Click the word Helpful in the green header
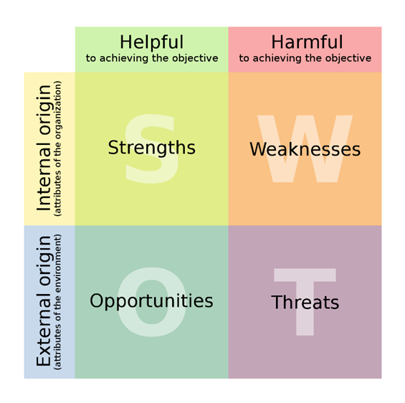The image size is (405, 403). (152, 42)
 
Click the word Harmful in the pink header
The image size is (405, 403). (307, 42)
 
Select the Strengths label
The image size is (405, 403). (152, 148)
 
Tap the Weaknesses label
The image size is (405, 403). (305, 149)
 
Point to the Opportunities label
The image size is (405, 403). (152, 301)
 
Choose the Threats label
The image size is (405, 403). (305, 303)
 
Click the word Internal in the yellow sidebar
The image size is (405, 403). (44, 178)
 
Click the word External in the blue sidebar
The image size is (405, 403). (44, 332)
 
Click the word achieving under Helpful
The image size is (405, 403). (125, 58)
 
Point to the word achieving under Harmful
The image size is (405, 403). (277, 58)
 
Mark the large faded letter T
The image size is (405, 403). (305, 302)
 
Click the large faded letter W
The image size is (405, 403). (305, 149)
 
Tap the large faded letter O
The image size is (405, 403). (152, 302)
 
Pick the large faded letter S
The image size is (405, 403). (152, 149)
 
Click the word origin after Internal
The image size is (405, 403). (44, 112)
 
